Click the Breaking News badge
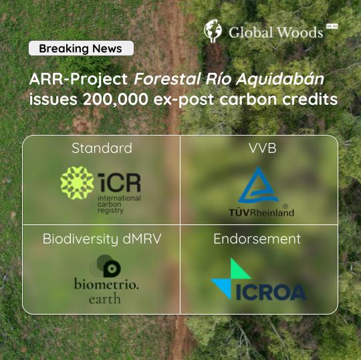click(81, 48)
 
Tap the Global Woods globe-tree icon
click(213, 31)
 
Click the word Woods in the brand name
click(299, 33)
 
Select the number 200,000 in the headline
click(116, 100)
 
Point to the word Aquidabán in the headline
click(280, 79)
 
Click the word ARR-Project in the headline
click(78, 79)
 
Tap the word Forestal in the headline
click(167, 79)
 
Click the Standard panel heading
click(102, 148)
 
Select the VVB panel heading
click(263, 148)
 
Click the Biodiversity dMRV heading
click(102, 238)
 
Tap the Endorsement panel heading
click(257, 238)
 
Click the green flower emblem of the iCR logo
click(77, 182)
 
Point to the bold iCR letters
click(119, 182)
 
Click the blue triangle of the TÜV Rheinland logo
click(258, 185)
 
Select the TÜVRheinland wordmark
click(261, 212)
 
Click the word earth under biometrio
click(105, 299)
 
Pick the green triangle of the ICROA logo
click(240, 268)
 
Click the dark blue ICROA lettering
click(271, 292)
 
